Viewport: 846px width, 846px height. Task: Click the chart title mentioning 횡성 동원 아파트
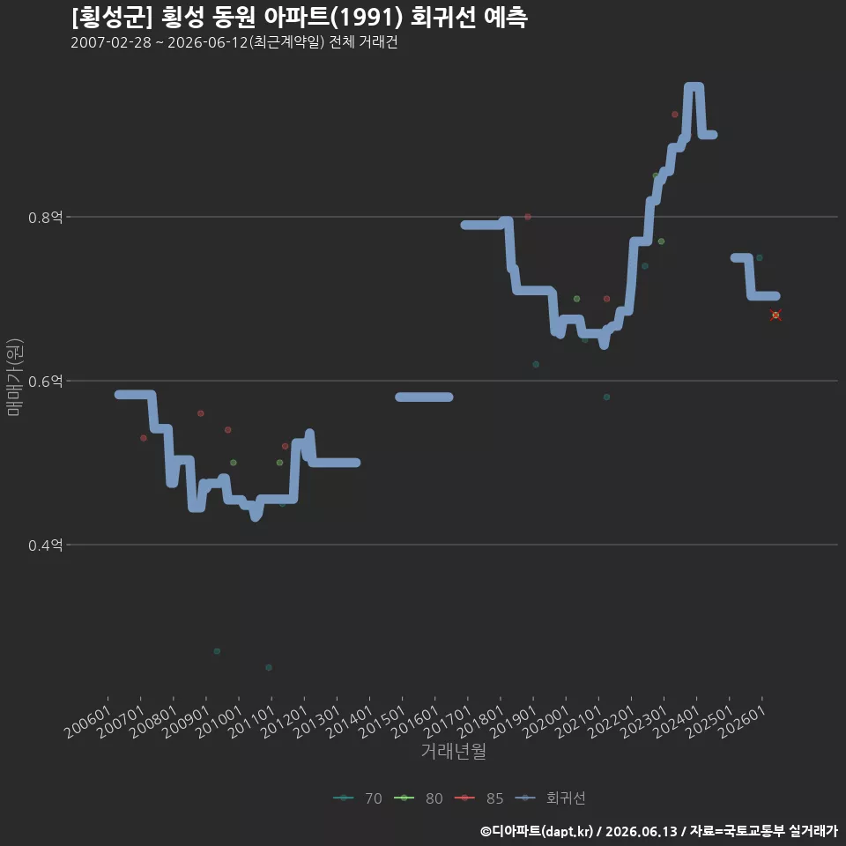(x=300, y=18)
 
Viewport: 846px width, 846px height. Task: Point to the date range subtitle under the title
(x=234, y=42)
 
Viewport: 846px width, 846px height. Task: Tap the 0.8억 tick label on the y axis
(x=45, y=218)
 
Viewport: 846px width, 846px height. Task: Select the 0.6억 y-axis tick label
(x=45, y=382)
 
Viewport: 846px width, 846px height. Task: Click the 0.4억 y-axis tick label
(x=45, y=545)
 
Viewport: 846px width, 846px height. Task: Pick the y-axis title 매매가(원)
(x=14, y=377)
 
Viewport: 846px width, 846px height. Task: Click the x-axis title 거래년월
(x=453, y=751)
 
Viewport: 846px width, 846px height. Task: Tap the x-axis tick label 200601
(x=88, y=722)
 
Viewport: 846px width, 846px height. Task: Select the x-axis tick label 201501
(x=382, y=722)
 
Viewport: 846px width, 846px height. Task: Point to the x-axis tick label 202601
(x=742, y=722)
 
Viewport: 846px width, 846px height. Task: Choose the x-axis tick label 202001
(x=546, y=722)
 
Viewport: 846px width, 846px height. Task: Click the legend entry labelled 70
(x=358, y=798)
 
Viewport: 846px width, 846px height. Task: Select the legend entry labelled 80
(x=418, y=798)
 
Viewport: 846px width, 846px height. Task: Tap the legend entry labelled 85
(x=479, y=798)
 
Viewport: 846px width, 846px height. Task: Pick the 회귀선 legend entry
(x=550, y=798)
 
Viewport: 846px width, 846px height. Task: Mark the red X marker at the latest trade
(x=775, y=315)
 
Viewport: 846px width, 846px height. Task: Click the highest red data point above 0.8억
(x=675, y=115)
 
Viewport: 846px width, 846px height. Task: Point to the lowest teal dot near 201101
(x=269, y=667)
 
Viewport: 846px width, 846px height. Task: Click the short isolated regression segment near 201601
(x=424, y=397)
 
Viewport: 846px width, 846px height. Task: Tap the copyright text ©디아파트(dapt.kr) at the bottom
(x=537, y=831)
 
